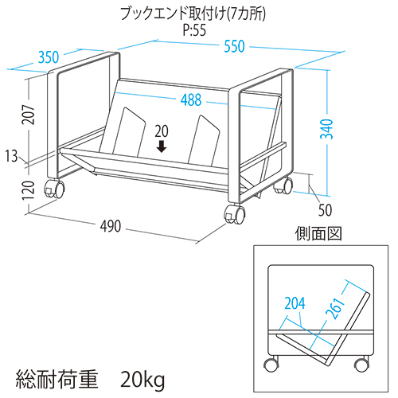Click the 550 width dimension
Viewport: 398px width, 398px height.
click(x=234, y=46)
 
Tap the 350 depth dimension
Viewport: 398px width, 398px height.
click(x=49, y=57)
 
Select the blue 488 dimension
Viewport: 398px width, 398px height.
click(x=191, y=100)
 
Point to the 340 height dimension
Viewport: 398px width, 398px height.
click(x=326, y=129)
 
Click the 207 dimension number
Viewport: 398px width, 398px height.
click(x=29, y=115)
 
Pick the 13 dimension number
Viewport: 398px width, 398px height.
click(x=11, y=156)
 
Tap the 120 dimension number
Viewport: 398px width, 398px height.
click(x=29, y=190)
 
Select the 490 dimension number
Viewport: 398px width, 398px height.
click(x=111, y=226)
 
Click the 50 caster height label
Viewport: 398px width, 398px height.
click(x=325, y=210)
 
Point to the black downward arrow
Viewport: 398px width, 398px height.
click(x=162, y=146)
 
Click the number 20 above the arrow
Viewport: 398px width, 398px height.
click(x=162, y=131)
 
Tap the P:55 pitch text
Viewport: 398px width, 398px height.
click(x=194, y=30)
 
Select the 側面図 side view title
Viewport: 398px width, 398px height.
click(x=318, y=233)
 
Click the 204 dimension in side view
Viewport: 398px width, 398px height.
click(x=295, y=303)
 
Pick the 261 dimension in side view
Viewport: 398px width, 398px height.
click(x=335, y=308)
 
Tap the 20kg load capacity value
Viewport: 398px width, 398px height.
click(x=142, y=380)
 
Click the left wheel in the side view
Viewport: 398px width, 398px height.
click(x=271, y=365)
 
